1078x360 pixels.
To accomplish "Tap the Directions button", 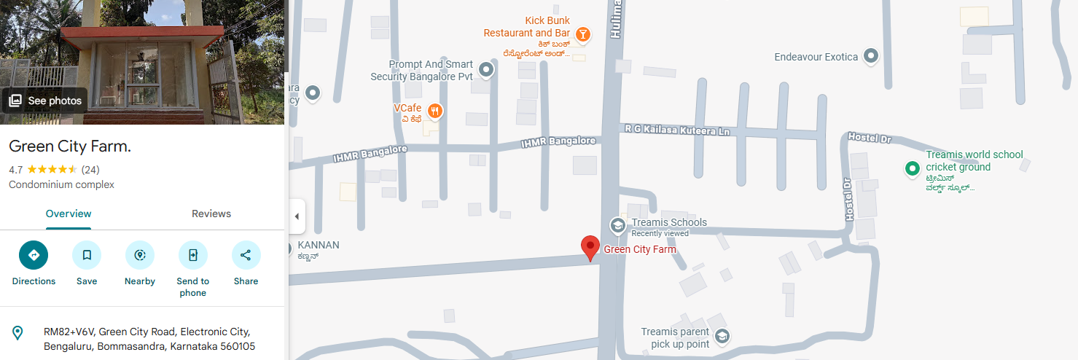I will pos(34,255).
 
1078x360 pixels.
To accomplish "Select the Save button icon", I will pos(87,255).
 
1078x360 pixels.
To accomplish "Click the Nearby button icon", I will pos(140,255).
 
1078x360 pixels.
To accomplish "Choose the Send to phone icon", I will pos(193,255).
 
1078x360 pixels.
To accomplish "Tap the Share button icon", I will pos(246,255).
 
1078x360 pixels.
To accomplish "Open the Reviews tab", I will pos(211,214).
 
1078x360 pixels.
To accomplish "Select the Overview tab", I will pos(69,214).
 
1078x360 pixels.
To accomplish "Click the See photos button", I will pos(45,101).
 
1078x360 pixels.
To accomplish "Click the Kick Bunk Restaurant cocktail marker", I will pos(582,34).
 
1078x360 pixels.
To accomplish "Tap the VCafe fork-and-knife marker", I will pos(435,111).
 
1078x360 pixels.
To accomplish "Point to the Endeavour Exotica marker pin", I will pos(870,56).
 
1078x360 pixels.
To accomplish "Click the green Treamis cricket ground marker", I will pos(911,169).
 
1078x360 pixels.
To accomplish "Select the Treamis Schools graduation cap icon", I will pos(617,224).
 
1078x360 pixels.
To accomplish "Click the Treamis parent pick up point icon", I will pos(722,336).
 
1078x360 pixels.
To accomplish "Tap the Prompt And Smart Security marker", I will pos(486,70).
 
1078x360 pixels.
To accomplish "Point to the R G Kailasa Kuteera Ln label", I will pos(677,129).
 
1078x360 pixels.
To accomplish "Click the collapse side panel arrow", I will pos(297,216).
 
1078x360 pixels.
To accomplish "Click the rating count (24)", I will pos(90,170).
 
